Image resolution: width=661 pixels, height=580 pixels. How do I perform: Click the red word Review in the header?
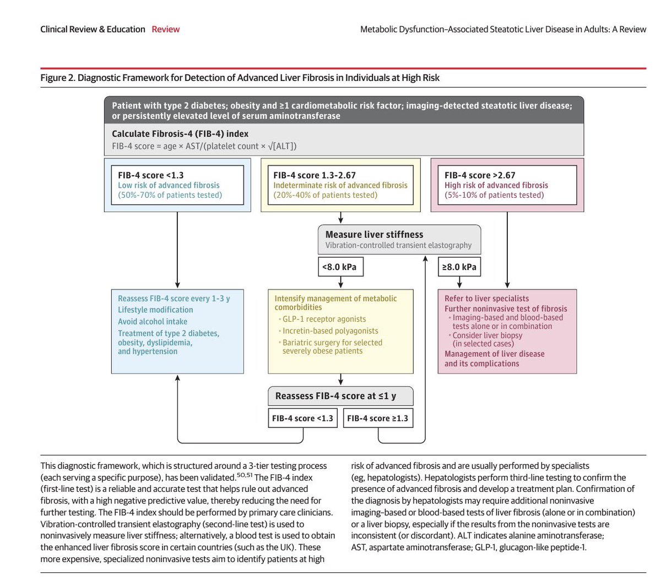coord(165,29)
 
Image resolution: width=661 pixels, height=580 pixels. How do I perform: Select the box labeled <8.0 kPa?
coord(340,267)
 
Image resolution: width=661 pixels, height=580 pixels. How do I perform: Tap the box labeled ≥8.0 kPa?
coord(459,267)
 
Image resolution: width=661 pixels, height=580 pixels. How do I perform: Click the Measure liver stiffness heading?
coord(374,234)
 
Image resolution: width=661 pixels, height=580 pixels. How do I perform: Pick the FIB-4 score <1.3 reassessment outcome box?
coord(302,418)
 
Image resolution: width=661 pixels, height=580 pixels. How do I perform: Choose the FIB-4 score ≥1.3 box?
coord(378,418)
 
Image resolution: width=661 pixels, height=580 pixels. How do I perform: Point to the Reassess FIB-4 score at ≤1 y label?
coord(335,396)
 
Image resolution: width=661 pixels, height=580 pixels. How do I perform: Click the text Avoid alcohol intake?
coord(153,322)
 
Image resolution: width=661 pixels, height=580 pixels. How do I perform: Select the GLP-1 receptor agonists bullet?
coord(324,319)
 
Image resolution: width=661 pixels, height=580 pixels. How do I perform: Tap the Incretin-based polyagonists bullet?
coord(330,331)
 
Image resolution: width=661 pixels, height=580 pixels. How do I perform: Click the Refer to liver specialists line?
coord(486,299)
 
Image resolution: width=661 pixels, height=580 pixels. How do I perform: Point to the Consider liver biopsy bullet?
coord(487,335)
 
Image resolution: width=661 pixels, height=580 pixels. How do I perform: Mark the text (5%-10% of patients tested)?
coord(494,195)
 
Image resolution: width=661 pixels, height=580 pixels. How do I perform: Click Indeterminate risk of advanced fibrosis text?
coord(340,186)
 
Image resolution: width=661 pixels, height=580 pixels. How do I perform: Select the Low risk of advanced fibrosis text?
coord(169,186)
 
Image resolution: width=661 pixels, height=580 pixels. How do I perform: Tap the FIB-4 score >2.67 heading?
coord(480,175)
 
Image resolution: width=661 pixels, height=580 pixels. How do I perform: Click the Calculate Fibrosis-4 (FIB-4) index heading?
coord(180,134)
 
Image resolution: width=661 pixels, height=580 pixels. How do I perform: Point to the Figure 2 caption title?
coord(240,78)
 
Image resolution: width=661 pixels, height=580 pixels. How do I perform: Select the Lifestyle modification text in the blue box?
coord(155,310)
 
